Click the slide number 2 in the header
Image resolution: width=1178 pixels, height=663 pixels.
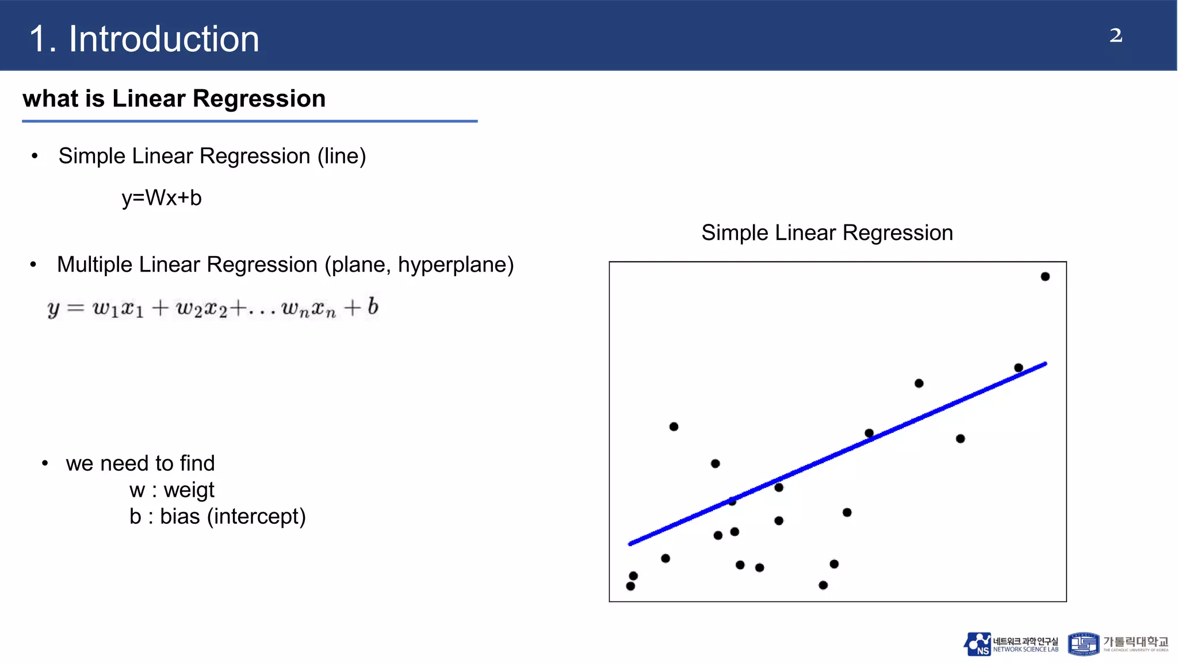[x=1115, y=36]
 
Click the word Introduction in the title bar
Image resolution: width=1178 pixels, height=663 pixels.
[x=164, y=39]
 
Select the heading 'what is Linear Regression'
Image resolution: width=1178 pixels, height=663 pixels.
[x=174, y=98]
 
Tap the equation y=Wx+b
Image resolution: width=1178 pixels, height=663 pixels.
[x=162, y=198]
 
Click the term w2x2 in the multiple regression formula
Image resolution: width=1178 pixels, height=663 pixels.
[x=201, y=309]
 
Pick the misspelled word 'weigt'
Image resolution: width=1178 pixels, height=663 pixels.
[x=189, y=490]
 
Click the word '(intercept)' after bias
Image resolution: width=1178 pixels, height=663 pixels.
[x=256, y=516]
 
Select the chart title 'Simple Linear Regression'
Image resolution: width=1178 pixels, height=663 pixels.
[x=827, y=233]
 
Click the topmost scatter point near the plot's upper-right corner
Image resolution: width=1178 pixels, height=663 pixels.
[x=1045, y=277]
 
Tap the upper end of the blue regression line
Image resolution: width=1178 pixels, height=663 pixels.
[x=1044, y=364]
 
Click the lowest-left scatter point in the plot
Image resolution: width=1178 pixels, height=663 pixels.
[x=630, y=586]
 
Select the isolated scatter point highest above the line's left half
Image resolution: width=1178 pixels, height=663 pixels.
[x=674, y=426]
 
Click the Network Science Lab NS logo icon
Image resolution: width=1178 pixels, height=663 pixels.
[x=977, y=644]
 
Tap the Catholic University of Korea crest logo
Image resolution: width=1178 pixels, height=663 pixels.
[x=1083, y=644]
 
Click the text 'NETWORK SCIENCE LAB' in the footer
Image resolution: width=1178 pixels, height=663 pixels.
[x=1026, y=650]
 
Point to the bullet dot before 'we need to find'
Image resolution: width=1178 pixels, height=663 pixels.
[x=45, y=463]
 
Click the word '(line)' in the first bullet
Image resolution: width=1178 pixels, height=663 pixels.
[x=342, y=156]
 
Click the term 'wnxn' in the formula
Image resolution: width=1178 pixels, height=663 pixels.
[x=308, y=309]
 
